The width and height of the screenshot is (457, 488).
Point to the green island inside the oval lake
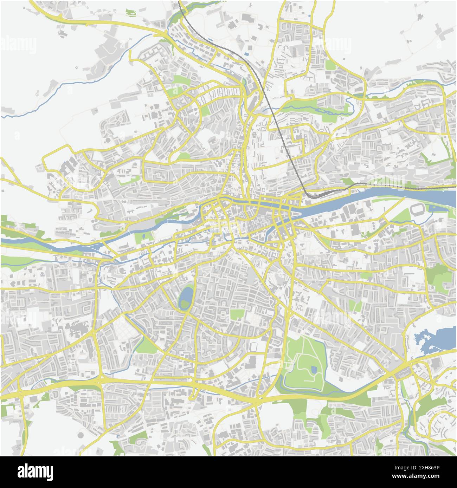point(184,304)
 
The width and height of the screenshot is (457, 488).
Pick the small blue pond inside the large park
point(314,369)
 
